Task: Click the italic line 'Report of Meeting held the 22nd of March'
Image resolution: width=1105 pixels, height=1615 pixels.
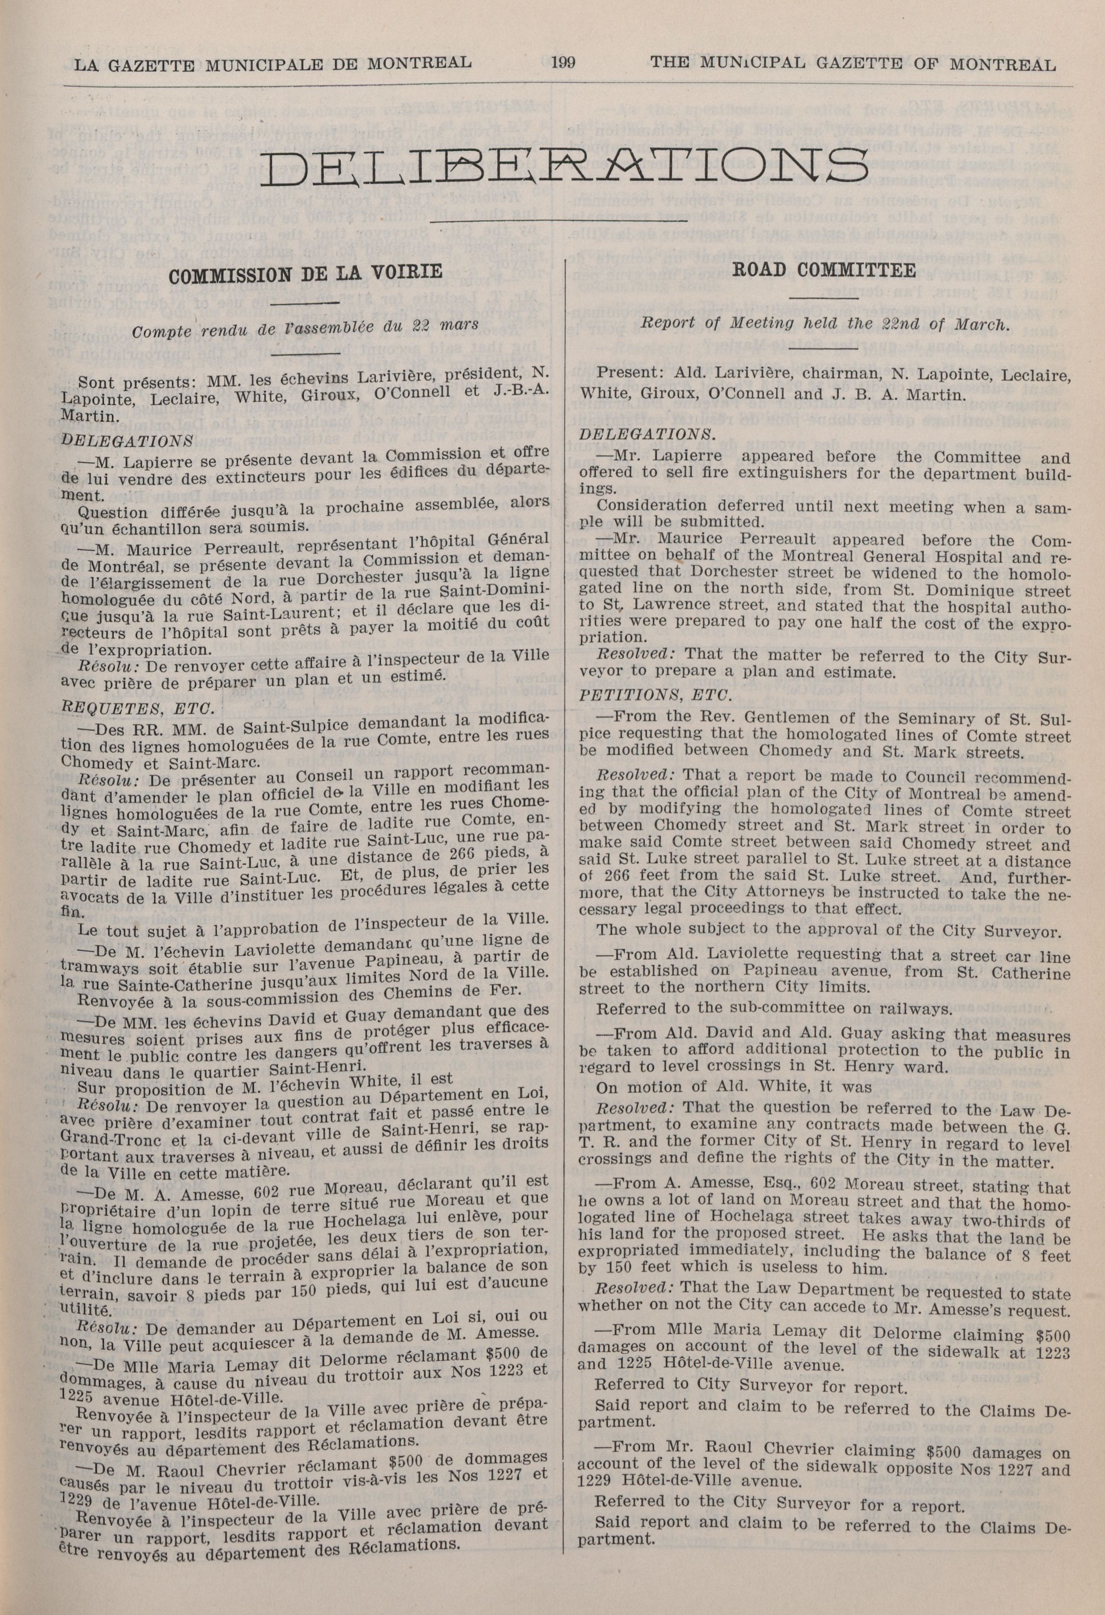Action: (x=824, y=324)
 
